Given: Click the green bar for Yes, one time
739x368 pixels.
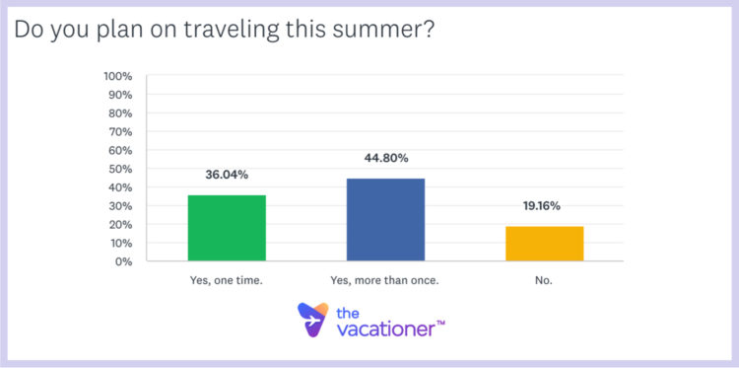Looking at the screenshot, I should (x=227, y=228).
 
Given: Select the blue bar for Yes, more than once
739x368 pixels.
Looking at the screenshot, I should (x=385, y=220).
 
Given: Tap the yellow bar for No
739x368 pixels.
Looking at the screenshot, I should (x=544, y=244).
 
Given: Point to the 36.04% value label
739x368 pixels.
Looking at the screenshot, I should (x=227, y=175).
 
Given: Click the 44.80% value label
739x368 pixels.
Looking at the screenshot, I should (x=385, y=158).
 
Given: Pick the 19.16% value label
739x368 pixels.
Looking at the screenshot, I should (x=544, y=206).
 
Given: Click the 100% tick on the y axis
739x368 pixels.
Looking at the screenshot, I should (x=119, y=76).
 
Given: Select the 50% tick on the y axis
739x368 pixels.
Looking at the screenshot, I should (x=122, y=169).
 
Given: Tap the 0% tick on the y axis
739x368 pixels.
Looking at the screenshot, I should (x=125, y=261).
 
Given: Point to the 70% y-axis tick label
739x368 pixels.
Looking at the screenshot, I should (x=122, y=131).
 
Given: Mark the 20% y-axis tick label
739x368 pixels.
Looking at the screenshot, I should (x=122, y=224).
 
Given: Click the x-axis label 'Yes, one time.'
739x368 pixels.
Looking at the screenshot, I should (x=227, y=280).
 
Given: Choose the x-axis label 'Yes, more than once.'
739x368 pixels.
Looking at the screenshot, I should (x=385, y=280).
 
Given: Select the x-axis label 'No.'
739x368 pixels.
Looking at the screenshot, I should (x=544, y=280).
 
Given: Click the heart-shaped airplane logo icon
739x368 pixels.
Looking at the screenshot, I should (x=314, y=320).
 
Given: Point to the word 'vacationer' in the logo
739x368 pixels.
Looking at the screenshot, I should (x=384, y=330).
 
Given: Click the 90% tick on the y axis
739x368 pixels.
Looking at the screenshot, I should (x=122, y=95).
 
